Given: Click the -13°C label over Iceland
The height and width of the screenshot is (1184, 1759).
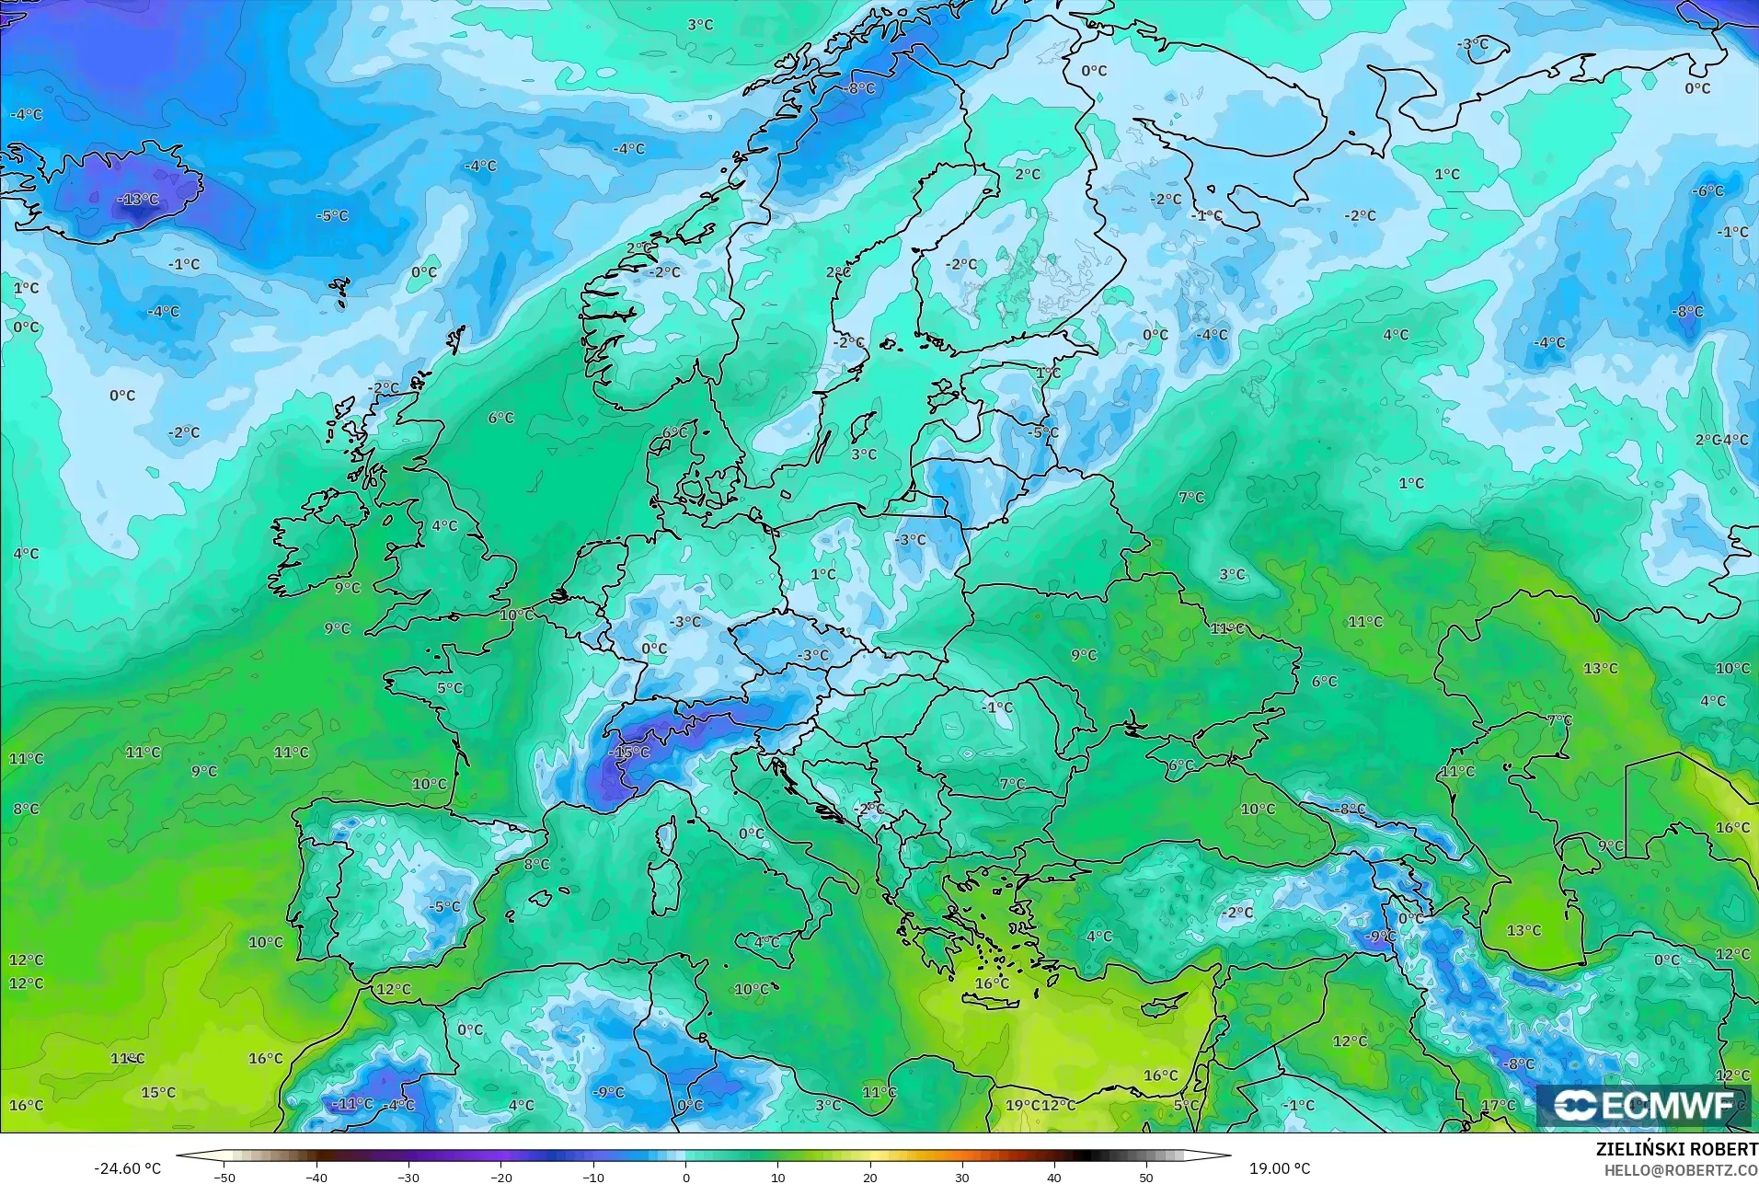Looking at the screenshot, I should tap(138, 199).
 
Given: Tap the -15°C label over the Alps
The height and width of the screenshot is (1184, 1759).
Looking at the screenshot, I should tap(629, 752).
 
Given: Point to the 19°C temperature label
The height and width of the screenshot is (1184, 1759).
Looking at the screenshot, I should tap(1022, 1105).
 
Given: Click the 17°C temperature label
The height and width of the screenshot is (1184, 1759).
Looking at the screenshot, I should tap(1498, 1105).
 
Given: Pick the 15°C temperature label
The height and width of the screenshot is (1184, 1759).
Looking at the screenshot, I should tap(158, 1092).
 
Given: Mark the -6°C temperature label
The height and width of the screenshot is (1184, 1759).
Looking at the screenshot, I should tap(1707, 190).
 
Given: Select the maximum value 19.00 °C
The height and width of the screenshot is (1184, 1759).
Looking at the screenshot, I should tap(1279, 1168).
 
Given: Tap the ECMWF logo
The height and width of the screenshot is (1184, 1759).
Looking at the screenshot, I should tap(1643, 1106).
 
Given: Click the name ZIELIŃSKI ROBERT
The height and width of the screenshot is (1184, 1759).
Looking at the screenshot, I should tap(1676, 1150).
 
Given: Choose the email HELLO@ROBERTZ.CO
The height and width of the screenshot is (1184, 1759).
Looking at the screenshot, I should tap(1682, 1170).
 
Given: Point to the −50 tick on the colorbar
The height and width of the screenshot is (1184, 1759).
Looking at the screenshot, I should tap(224, 1177).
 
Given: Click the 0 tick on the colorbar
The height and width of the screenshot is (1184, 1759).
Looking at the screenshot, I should tap(685, 1177).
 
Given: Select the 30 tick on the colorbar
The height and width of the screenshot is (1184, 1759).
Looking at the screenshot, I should tap(962, 1177).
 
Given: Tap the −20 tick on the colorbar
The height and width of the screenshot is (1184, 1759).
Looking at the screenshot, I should tap(500, 1177).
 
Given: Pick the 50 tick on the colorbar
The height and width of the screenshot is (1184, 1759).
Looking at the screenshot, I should tap(1146, 1177).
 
